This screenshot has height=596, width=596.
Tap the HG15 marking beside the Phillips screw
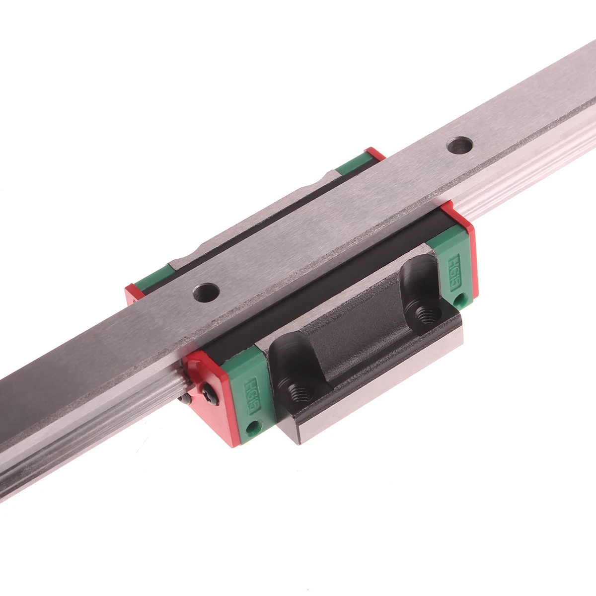point(252,396)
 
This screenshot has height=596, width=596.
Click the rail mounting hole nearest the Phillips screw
point(206,292)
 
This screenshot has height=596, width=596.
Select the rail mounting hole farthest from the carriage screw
point(460,146)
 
